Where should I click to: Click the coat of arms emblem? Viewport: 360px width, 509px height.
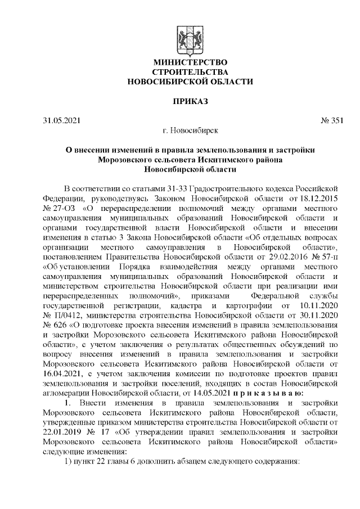(191, 38)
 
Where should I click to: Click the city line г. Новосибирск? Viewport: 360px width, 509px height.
(190, 130)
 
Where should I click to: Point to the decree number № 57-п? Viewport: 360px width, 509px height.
(325, 256)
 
